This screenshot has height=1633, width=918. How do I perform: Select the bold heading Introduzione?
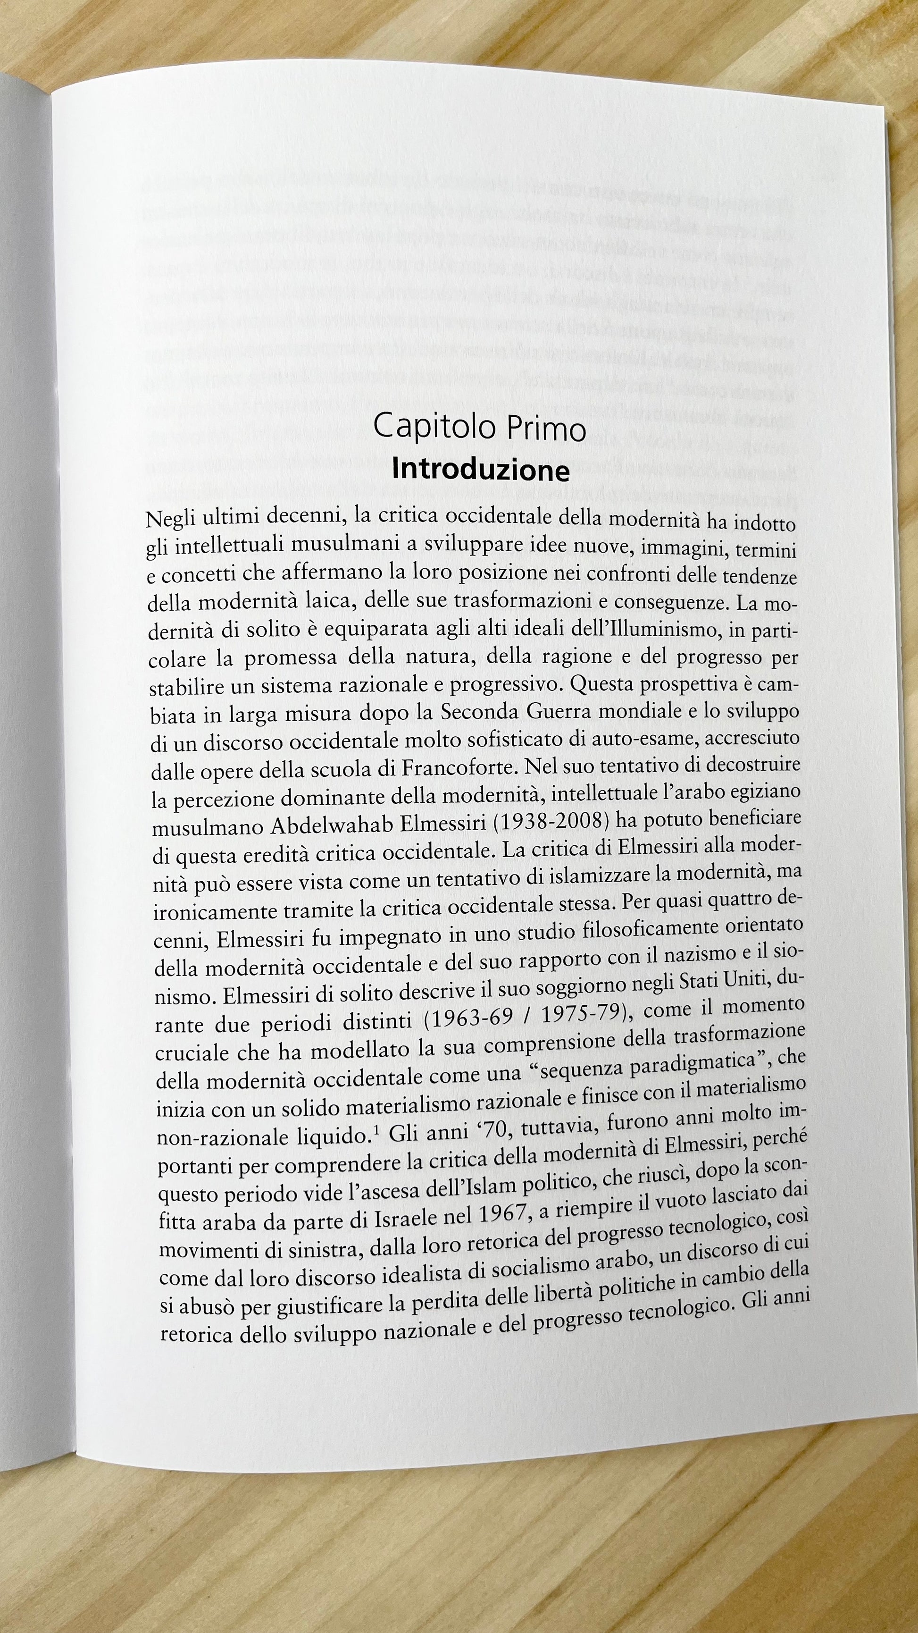[480, 470]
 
